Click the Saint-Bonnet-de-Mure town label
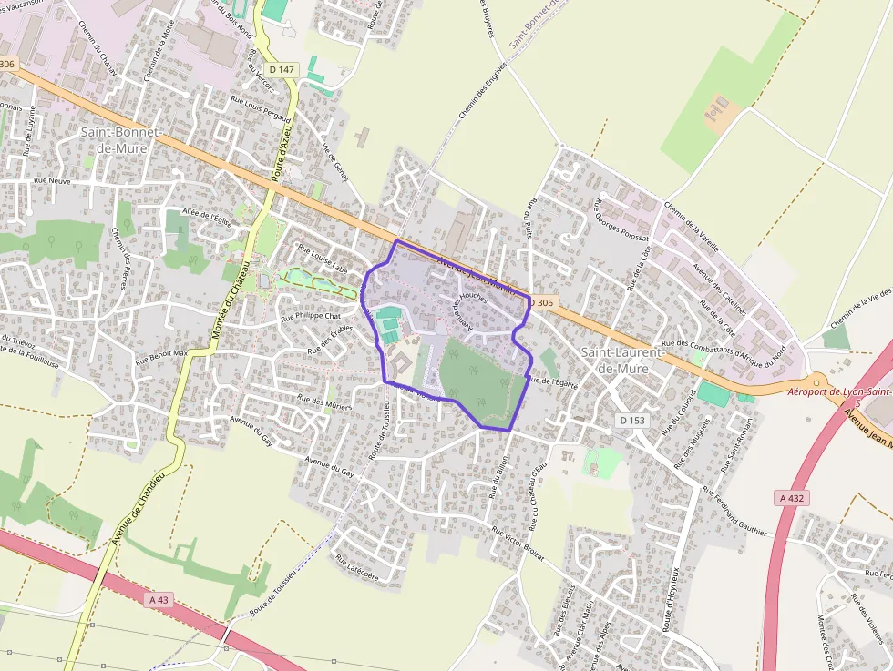120,139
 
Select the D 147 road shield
283,70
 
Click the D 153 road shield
631,420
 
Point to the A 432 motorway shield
794,498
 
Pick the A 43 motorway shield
158,599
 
